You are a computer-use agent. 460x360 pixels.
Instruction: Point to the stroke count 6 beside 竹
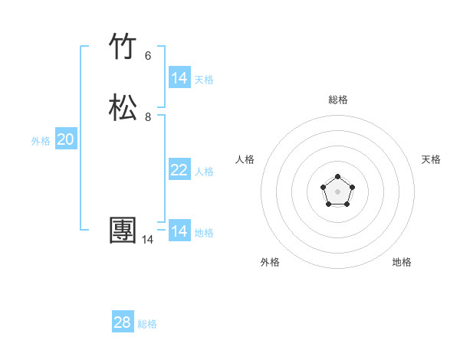click(148, 55)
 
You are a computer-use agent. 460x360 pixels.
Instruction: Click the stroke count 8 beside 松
click(148, 117)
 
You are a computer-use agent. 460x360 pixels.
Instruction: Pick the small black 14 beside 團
click(147, 240)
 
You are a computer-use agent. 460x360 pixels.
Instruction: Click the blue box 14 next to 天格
click(179, 78)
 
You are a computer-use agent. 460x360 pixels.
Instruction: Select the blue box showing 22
click(179, 170)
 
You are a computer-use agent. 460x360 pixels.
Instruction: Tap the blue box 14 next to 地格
click(179, 231)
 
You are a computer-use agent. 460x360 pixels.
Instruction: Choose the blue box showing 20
click(66, 139)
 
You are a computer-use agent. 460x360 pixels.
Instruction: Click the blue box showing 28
click(123, 322)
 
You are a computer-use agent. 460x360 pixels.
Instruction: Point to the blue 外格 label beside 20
click(41, 141)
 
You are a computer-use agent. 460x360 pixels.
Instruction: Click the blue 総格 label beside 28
click(147, 324)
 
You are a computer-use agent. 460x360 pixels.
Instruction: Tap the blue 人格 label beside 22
click(204, 172)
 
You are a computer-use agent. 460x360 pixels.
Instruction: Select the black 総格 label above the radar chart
click(338, 100)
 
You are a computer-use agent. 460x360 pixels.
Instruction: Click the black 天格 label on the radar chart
click(431, 159)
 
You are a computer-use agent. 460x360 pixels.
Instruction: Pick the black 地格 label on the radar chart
click(402, 262)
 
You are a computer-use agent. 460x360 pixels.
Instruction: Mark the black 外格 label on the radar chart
click(270, 262)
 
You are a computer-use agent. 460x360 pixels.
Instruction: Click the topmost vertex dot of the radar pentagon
click(338, 177)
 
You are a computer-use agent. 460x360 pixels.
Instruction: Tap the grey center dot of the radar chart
click(338, 191)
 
